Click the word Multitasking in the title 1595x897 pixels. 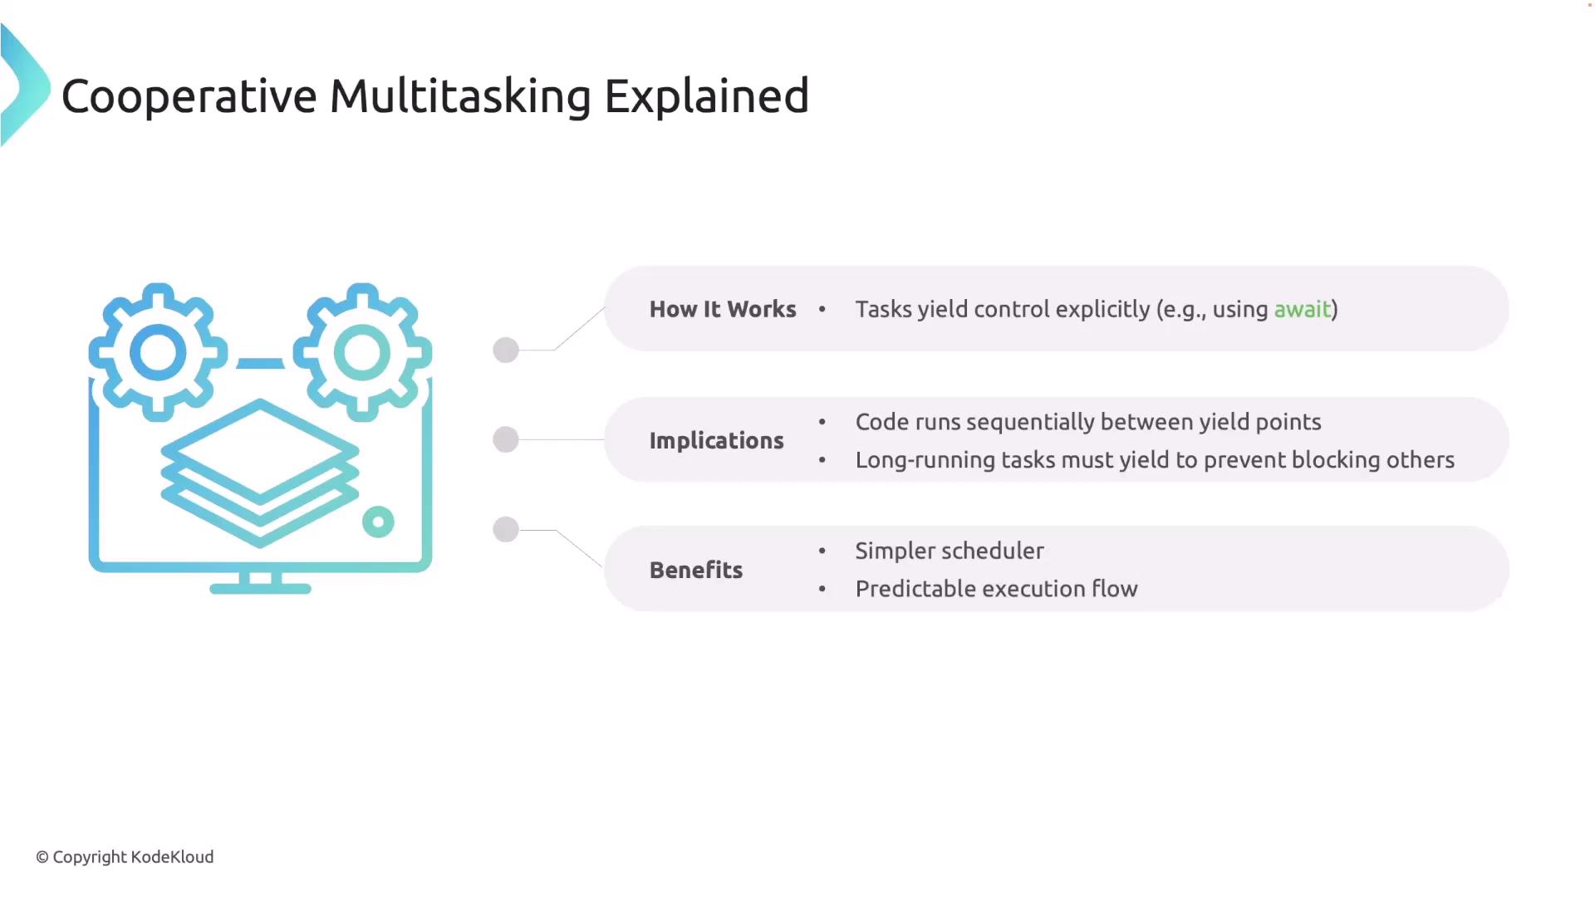[x=460, y=96]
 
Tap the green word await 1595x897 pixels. [x=1302, y=309]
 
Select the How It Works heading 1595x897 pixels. [x=723, y=309]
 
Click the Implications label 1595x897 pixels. [x=716, y=440]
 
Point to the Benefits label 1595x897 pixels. [x=696, y=570]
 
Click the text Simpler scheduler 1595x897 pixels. [x=950, y=551]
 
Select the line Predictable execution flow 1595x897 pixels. [x=996, y=589]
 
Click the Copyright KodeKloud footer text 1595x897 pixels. [x=125, y=857]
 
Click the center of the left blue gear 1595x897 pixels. [x=158, y=352]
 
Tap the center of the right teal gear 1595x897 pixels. [x=362, y=352]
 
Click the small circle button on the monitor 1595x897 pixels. [x=378, y=522]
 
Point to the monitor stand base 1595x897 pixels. [x=260, y=589]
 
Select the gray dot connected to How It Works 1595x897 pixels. [x=506, y=350]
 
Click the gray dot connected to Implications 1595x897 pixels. [x=506, y=439]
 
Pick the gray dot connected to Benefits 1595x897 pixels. [x=506, y=529]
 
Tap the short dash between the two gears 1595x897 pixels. [x=260, y=363]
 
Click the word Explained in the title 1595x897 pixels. [x=706, y=96]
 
